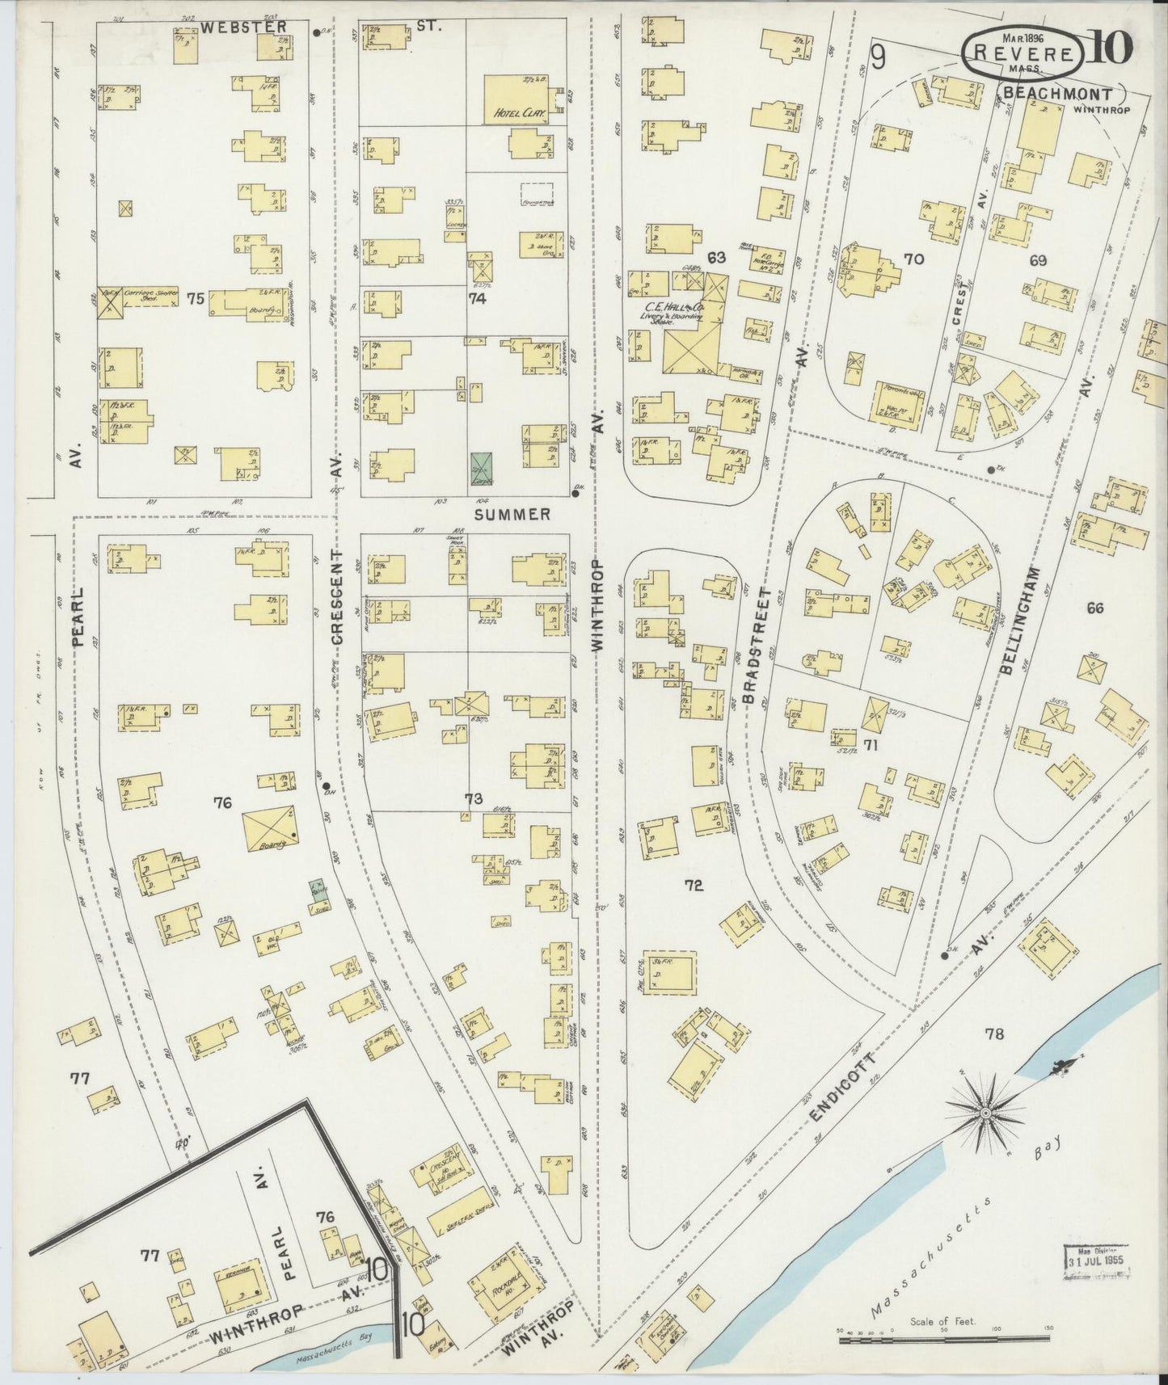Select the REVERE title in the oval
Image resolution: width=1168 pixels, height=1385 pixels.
point(1023,53)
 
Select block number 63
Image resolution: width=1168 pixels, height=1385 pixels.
point(715,259)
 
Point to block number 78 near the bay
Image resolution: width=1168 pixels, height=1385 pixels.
point(994,1033)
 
